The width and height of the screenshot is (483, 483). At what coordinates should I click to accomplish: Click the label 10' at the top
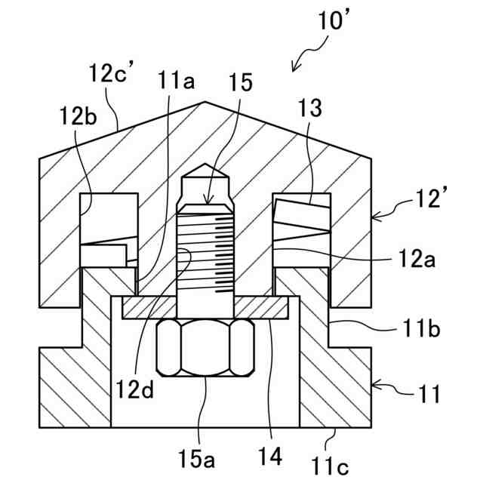pos(334,20)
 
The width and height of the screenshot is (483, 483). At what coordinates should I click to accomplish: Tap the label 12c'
pos(112,72)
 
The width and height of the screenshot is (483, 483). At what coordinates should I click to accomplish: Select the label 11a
pos(176,80)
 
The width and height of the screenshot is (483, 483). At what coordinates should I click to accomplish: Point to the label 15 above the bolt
pos(240,82)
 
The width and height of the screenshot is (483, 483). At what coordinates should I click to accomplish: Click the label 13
pos(310,108)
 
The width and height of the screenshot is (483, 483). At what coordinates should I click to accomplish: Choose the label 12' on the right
pos(428,198)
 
